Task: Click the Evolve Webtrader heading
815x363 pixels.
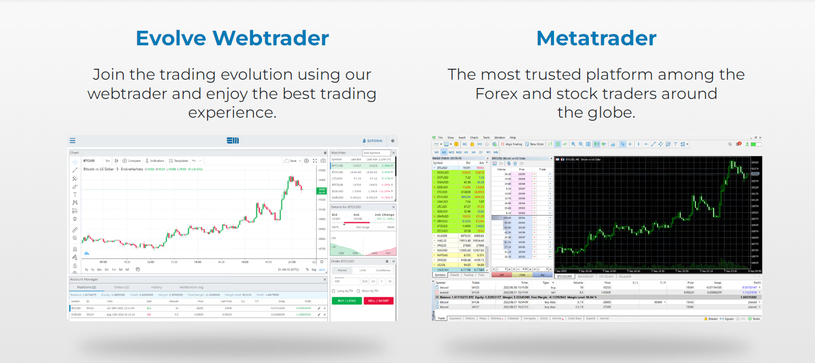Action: point(232,39)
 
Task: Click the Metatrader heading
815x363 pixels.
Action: point(596,39)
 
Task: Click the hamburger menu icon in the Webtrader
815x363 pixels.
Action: point(73,141)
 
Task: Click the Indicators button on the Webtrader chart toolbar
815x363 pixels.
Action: point(155,161)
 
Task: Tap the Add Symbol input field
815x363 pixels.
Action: point(376,153)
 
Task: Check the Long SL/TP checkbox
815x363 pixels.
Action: point(333,291)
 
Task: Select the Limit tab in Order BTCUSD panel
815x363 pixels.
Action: point(363,270)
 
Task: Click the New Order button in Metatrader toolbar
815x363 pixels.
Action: point(535,144)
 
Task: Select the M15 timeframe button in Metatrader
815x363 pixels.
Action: point(451,152)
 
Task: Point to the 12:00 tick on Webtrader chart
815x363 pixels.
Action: point(150,262)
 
